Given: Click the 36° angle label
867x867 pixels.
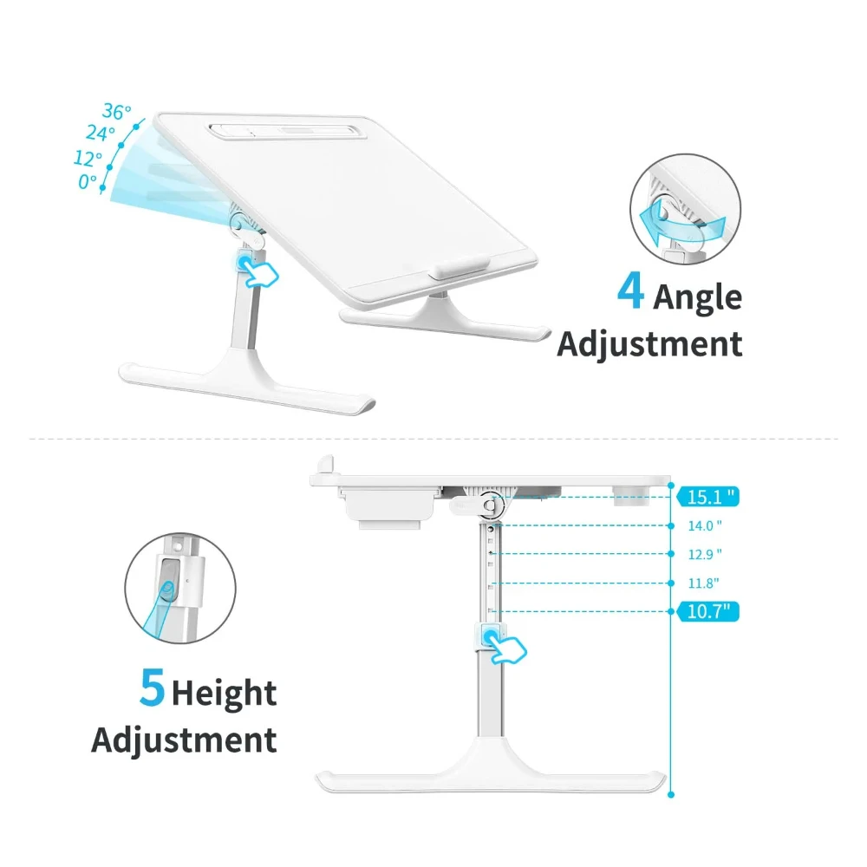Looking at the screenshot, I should (x=116, y=112).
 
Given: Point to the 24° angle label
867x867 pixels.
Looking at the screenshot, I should (x=101, y=134).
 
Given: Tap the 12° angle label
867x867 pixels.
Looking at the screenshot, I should (x=88, y=159).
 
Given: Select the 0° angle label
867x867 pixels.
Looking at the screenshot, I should (x=88, y=181).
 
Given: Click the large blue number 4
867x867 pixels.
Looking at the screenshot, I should (x=630, y=292).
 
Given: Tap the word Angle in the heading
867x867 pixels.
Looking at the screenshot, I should (x=697, y=297).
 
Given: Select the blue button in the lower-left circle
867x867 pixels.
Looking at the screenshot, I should (x=171, y=581).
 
